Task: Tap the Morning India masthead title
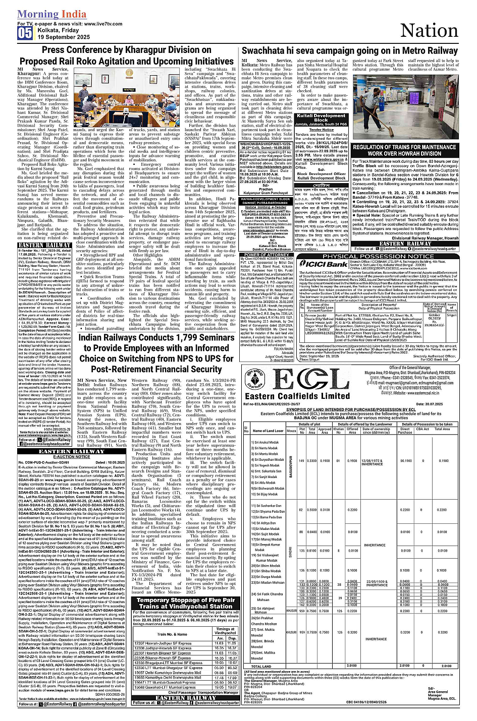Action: pyautogui.click(x=52, y=14)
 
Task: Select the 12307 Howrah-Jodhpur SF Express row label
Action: pyautogui.click(x=163, y=643)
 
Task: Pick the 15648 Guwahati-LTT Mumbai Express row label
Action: pyautogui.click(x=165, y=687)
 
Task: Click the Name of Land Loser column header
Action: pyautogui.click(x=268, y=431)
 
